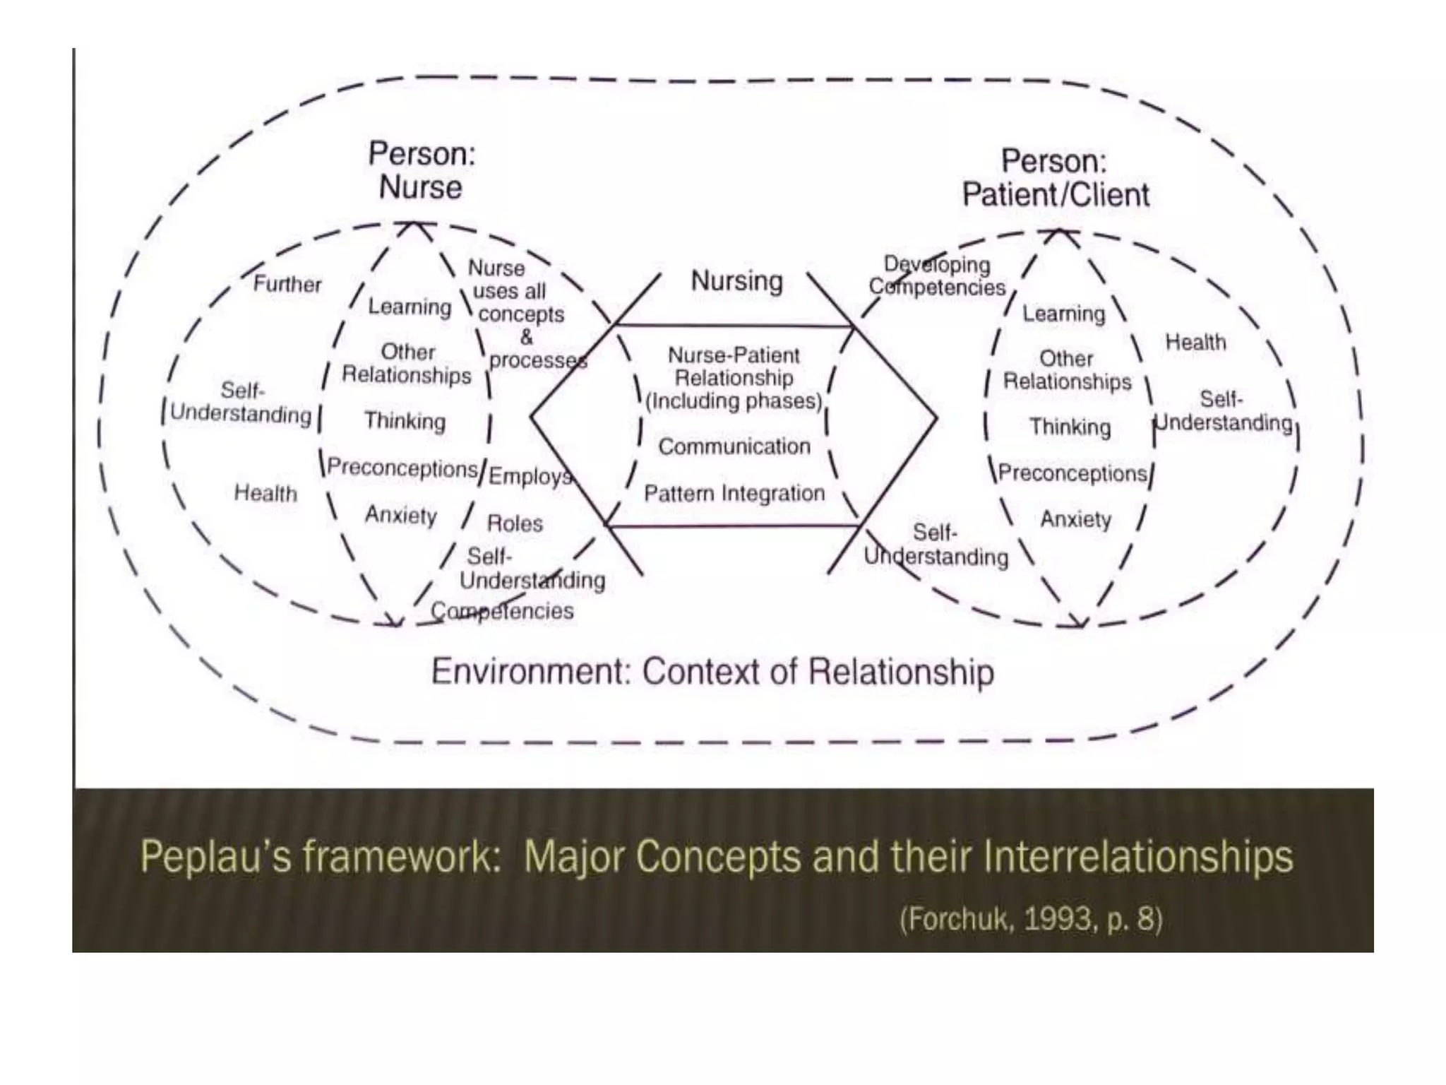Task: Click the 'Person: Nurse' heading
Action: pyautogui.click(x=422, y=171)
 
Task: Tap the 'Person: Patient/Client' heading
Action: pyautogui.click(x=1055, y=179)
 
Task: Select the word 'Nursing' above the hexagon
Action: pyautogui.click(x=736, y=281)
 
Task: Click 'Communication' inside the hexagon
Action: pyautogui.click(x=734, y=446)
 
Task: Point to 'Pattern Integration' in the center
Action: pyautogui.click(x=734, y=493)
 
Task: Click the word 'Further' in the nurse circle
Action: pyautogui.click(x=287, y=284)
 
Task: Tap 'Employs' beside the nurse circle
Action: pyautogui.click(x=530, y=476)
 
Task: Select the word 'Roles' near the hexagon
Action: pyautogui.click(x=515, y=523)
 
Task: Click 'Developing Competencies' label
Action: pyautogui.click(x=937, y=276)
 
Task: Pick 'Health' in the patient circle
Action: pyautogui.click(x=1195, y=343)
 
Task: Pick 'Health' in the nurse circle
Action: pyautogui.click(x=265, y=493)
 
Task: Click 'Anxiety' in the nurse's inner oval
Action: pyautogui.click(x=401, y=515)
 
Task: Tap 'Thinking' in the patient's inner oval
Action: pyautogui.click(x=1070, y=427)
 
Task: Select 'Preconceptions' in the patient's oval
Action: pyautogui.click(x=1072, y=473)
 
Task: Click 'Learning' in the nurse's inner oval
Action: pyautogui.click(x=410, y=307)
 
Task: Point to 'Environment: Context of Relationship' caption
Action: pyautogui.click(x=712, y=672)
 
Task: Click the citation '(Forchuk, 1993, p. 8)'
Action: pyautogui.click(x=1031, y=919)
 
